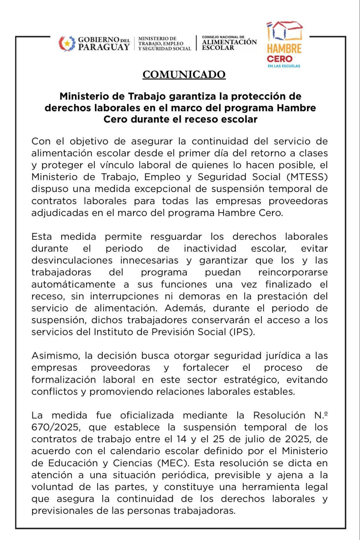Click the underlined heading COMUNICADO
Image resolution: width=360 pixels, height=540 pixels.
click(184, 75)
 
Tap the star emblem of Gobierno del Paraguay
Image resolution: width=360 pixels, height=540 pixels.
click(67, 44)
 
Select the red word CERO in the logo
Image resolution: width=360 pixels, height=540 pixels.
click(279, 59)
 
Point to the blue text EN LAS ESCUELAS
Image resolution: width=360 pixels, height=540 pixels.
click(284, 66)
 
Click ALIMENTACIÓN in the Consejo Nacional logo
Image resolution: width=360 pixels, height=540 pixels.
click(229, 42)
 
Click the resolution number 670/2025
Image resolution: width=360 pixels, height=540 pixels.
click(56, 427)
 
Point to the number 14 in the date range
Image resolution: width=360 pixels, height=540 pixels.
click(181, 439)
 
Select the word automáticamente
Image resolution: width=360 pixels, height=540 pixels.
click(73, 284)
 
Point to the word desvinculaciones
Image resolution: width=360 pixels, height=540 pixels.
click(72, 260)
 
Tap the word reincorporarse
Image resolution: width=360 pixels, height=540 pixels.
click(293, 273)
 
